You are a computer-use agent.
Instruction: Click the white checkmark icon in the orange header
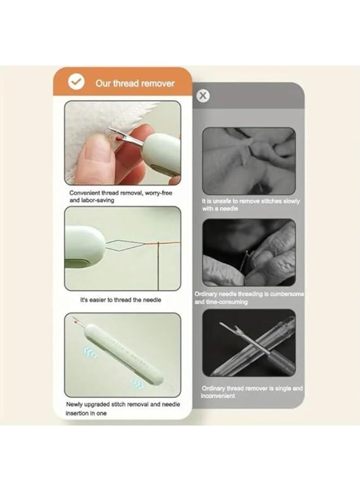tap(76, 82)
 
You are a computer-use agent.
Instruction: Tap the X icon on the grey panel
tap(203, 95)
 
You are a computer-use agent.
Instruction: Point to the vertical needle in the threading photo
tap(158, 266)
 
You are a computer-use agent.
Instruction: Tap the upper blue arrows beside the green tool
tap(90, 353)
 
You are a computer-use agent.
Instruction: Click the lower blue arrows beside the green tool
tap(138, 384)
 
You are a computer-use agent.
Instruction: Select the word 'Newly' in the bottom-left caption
tap(74, 405)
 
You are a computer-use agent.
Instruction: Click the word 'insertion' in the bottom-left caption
tap(76, 414)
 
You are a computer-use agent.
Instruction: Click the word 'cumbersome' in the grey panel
tap(287, 294)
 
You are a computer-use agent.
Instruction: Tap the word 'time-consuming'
tap(227, 302)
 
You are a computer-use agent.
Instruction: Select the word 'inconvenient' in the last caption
tap(218, 396)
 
